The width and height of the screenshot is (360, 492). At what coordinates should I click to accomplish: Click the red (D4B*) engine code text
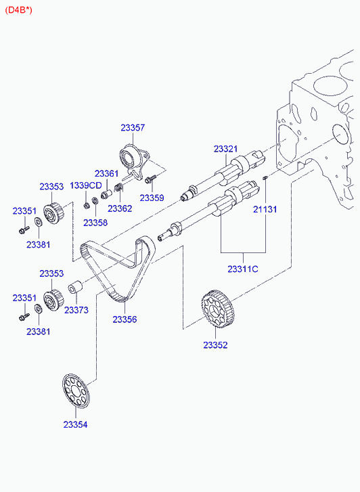[x=18, y=10]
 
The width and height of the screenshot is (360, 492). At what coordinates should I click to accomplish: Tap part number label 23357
[x=133, y=128]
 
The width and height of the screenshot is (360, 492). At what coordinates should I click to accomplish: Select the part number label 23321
[x=225, y=149]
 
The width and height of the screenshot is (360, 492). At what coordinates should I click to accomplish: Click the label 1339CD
[x=86, y=185]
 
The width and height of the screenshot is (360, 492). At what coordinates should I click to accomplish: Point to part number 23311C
[x=243, y=269]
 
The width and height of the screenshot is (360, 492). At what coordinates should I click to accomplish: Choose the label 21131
[x=265, y=209]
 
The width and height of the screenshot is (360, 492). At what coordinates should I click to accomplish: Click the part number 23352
[x=215, y=345]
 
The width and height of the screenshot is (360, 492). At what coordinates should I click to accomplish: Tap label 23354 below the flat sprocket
[x=75, y=424]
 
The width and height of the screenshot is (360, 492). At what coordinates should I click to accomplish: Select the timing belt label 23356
[x=125, y=319]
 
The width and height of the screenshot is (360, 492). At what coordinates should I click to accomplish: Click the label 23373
[x=76, y=310]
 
